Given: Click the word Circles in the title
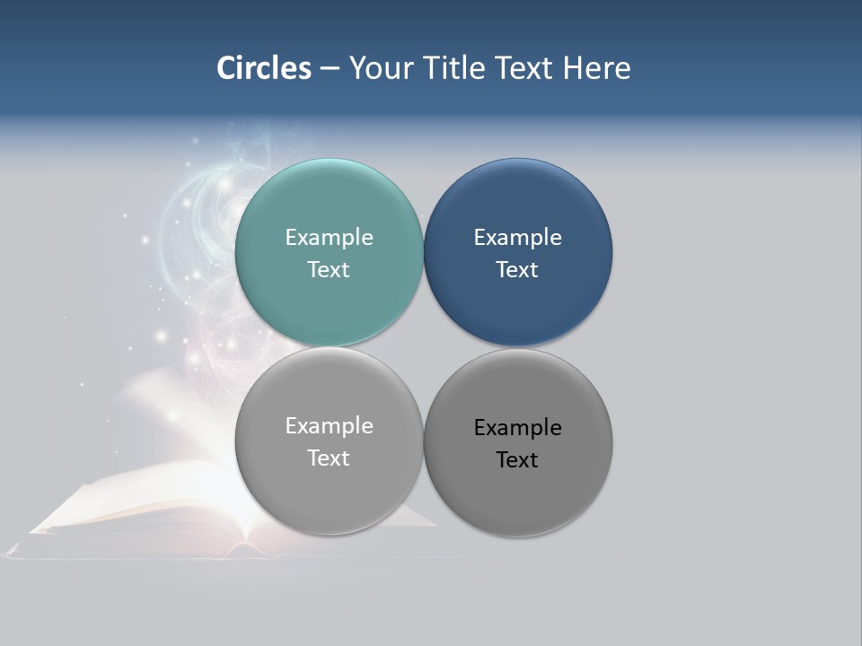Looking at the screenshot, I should [x=264, y=68].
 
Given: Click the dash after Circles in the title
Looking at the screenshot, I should [x=330, y=69].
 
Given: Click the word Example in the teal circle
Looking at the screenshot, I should [x=329, y=238].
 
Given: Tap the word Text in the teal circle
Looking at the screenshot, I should [x=329, y=270].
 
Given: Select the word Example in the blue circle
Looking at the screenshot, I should [x=517, y=238].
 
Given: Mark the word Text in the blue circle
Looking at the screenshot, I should [x=517, y=270].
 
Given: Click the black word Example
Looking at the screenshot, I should [x=517, y=428].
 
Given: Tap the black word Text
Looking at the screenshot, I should [x=517, y=460].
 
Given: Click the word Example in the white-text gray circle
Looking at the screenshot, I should [x=329, y=426].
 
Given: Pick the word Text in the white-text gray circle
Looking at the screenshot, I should [x=329, y=458].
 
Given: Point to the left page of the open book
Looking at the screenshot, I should [x=135, y=502].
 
